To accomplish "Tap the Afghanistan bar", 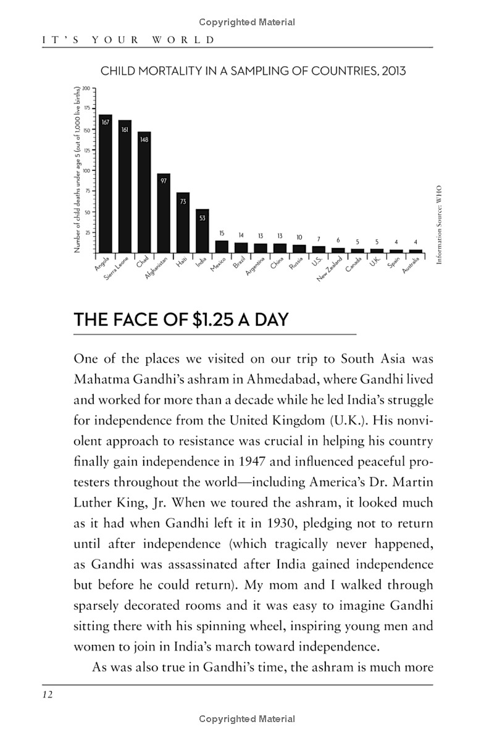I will pyautogui.click(x=164, y=213).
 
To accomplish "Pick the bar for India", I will pyautogui.click(x=203, y=231).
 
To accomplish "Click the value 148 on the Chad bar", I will pyautogui.click(x=144, y=139).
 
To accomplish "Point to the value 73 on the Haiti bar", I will pyautogui.click(x=183, y=201).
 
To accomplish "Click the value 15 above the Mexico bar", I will pyautogui.click(x=222, y=233).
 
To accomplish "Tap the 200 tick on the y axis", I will pyautogui.click(x=86, y=88).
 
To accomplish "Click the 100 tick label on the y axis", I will pyautogui.click(x=86, y=170).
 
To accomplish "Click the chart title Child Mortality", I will pyautogui.click(x=253, y=71).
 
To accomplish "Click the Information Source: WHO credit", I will pyautogui.click(x=439, y=225).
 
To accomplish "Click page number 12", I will pyautogui.click(x=48, y=695).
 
